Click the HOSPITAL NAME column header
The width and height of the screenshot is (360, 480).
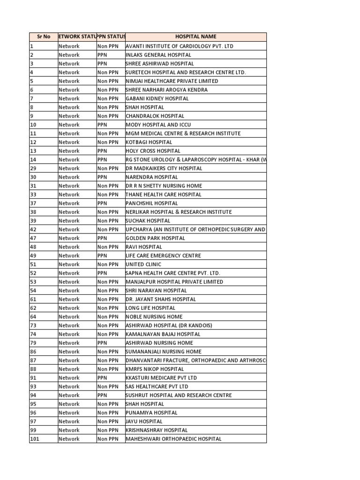195,37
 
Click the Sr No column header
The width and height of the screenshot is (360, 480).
43,37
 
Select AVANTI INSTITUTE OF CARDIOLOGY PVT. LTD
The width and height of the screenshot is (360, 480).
179,46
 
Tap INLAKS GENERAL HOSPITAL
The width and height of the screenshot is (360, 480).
158,55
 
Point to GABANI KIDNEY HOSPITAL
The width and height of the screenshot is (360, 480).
157,98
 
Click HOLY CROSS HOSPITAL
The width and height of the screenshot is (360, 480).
153,151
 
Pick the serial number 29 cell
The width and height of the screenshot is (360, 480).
43,168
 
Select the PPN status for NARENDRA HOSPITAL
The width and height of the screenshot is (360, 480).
111,177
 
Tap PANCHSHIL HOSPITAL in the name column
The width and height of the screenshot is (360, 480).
152,203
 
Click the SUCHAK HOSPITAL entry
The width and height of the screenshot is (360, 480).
148,221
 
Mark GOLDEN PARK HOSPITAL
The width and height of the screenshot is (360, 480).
155,238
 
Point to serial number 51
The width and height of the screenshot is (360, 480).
43,264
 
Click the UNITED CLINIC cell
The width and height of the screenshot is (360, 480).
143,264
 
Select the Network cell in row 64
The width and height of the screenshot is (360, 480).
77,317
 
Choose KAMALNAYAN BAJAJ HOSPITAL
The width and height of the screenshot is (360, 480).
163,334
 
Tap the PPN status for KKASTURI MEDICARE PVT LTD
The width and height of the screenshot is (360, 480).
111,378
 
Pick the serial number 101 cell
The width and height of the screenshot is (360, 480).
43,439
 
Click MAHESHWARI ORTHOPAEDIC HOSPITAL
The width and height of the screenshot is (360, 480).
173,439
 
